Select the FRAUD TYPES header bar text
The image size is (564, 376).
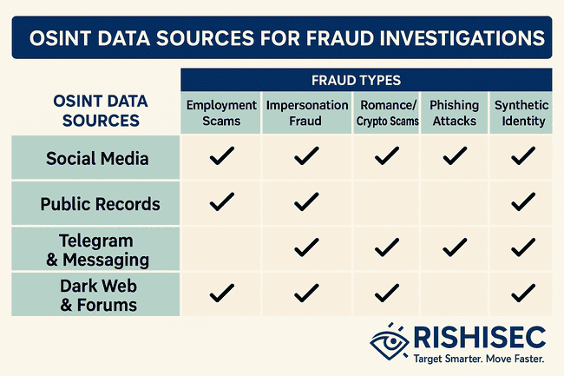coord(356,80)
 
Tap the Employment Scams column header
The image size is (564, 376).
coord(221,113)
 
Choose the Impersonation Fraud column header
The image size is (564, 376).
coord(307,113)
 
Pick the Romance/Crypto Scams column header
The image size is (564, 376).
coord(387,113)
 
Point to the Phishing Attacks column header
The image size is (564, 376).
coord(455,113)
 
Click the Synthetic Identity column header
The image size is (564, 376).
coord(521,113)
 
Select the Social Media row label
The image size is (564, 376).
coord(97,158)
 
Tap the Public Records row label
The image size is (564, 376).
coord(100,204)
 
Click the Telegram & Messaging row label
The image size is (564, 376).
coord(97,250)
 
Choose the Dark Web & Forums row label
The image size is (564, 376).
coord(98,295)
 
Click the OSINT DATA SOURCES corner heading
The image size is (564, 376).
coord(101,111)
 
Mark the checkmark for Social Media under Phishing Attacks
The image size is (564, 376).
coord(455,155)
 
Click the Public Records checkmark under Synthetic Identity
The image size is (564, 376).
coord(523,201)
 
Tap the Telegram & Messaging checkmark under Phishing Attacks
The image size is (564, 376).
coord(455,247)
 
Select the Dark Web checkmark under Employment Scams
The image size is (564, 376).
coord(222,293)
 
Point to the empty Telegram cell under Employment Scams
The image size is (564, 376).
coord(220,248)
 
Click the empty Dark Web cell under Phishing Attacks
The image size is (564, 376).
coord(455,294)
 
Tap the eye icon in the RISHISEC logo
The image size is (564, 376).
coord(390,341)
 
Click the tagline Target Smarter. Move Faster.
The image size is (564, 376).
coord(479,359)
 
